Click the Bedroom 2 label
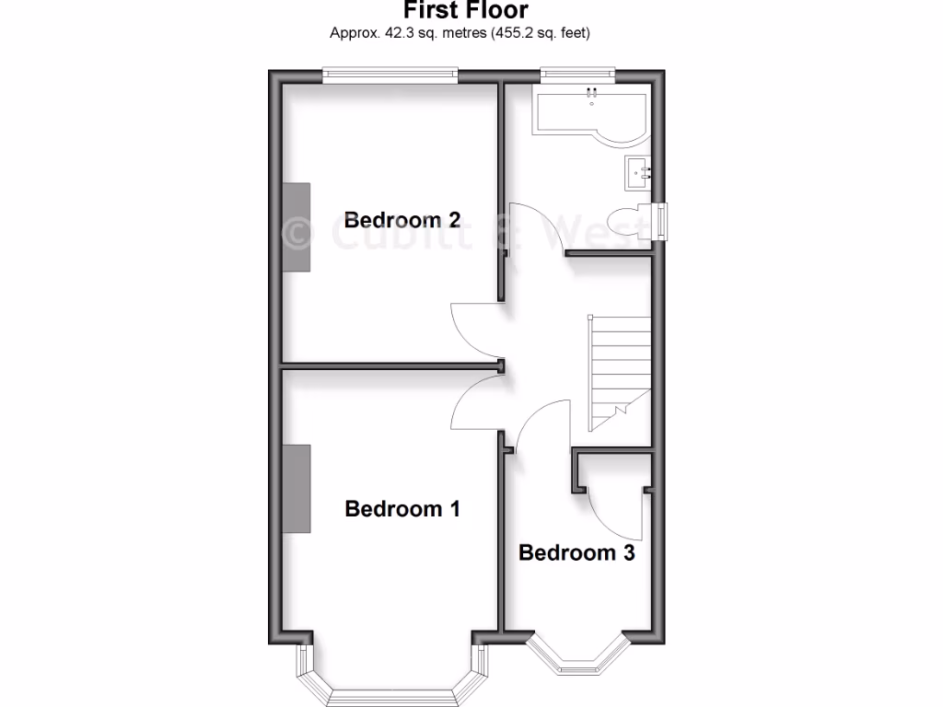pyautogui.click(x=402, y=220)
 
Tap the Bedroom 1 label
pyautogui.click(x=402, y=508)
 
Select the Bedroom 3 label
pyautogui.click(x=576, y=552)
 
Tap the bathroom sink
pyautogui.click(x=638, y=172)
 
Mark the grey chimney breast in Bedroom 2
pyautogui.click(x=297, y=226)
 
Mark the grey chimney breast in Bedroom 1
pyautogui.click(x=297, y=488)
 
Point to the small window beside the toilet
pyautogui.click(x=661, y=222)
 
